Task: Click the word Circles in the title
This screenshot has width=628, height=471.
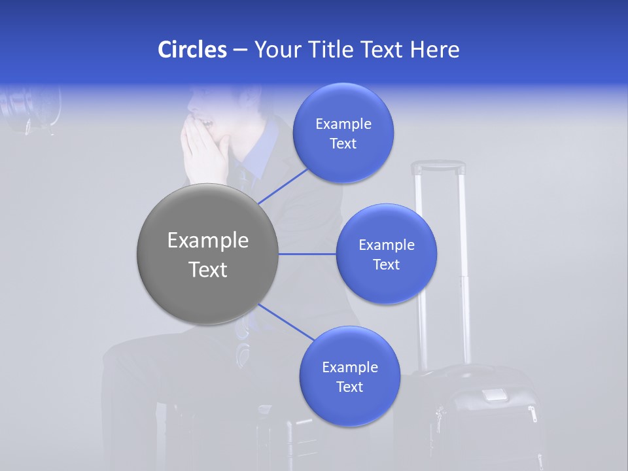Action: (192, 50)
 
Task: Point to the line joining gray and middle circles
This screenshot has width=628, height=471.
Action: (307, 254)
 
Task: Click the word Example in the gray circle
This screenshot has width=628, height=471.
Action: (208, 241)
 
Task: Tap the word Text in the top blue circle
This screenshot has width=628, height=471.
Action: (343, 144)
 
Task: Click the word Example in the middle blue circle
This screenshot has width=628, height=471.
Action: (387, 245)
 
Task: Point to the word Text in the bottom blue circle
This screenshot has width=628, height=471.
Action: (349, 387)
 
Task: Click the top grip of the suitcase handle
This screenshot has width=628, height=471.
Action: (438, 167)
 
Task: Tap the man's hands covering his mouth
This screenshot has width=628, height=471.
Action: (205, 154)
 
